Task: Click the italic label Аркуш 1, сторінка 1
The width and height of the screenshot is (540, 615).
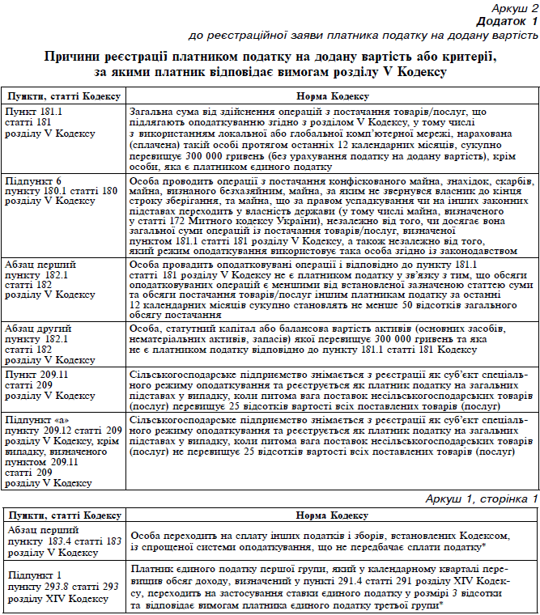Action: point(482,499)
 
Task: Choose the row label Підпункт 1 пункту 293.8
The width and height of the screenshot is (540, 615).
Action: point(56,587)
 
